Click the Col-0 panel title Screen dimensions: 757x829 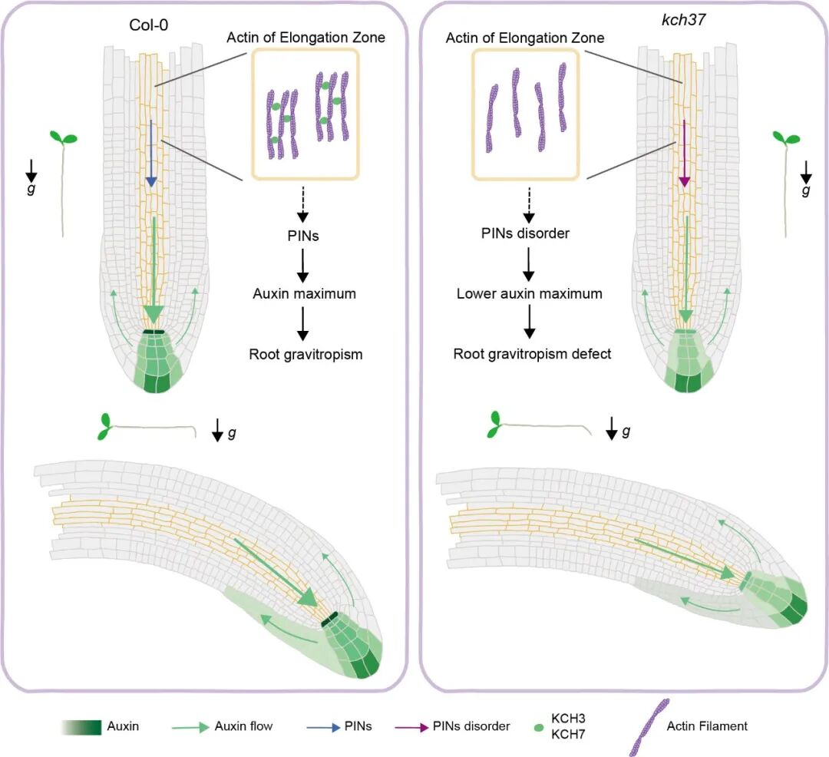click(149, 24)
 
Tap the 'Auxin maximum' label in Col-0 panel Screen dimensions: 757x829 click(304, 293)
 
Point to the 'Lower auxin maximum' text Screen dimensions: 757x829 click(529, 293)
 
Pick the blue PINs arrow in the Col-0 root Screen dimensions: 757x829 click(151, 154)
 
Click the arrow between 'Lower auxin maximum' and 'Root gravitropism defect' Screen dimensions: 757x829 click(529, 323)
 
